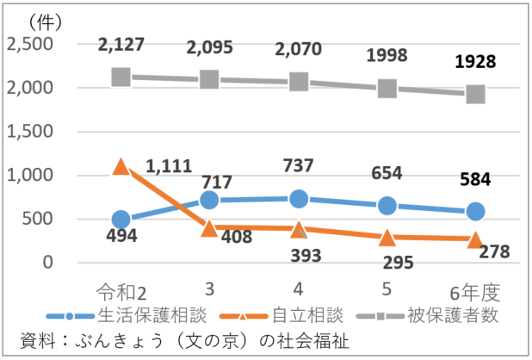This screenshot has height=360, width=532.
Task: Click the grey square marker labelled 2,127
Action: click(121, 77)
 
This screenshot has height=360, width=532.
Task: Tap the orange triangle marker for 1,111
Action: click(121, 166)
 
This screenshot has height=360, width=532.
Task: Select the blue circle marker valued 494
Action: click(121, 220)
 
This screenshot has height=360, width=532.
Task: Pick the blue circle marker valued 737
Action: click(299, 199)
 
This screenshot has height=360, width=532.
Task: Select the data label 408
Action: click(235, 237)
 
